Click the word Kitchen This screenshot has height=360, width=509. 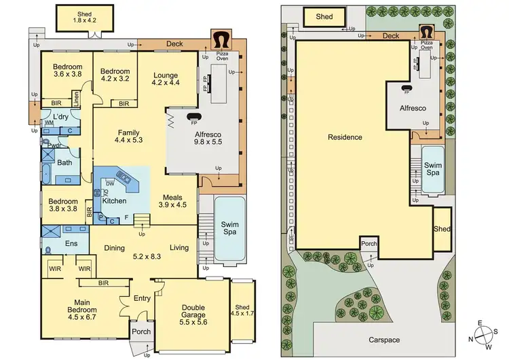pyautogui.click(x=114, y=201)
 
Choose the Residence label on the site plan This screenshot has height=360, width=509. pyautogui.click(x=345, y=137)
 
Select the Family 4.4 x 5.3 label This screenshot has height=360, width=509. pyautogui.click(x=128, y=136)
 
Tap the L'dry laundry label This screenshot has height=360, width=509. pyautogui.click(x=61, y=117)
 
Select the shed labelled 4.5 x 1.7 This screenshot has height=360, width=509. pyautogui.click(x=242, y=310)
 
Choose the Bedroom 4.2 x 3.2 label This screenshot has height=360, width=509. pyautogui.click(x=114, y=73)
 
